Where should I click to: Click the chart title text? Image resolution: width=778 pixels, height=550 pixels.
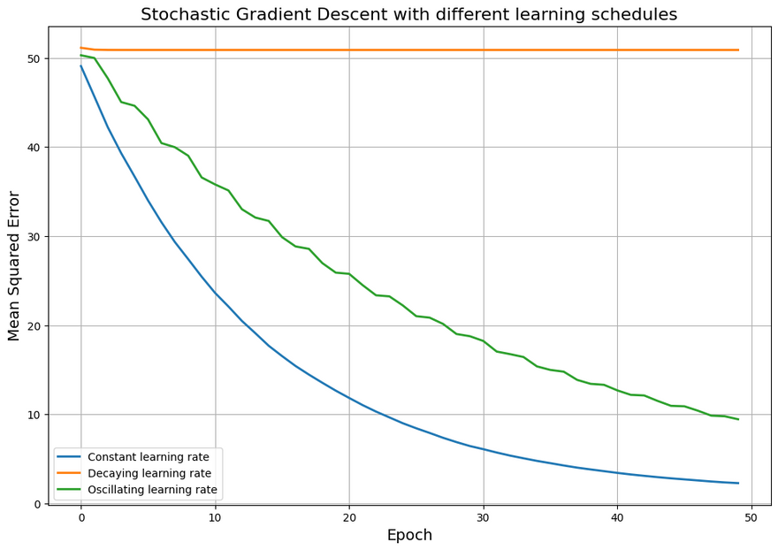408,14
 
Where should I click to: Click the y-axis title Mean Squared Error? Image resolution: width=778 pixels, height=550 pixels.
14,265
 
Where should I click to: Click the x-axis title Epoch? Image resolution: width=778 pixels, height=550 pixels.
409,535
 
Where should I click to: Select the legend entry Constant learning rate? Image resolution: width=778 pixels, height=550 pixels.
149,457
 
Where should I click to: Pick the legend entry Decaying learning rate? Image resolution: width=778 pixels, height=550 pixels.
148,474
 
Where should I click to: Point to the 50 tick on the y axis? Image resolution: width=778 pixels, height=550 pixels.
34,58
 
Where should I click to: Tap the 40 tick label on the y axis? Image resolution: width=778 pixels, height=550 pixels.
34,148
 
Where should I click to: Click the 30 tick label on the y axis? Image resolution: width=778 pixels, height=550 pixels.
34,237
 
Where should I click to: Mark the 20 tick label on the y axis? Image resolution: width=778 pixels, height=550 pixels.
34,326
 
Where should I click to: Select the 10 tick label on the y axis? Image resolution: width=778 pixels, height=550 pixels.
34,415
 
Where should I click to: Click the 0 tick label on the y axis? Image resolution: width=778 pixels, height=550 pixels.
37,504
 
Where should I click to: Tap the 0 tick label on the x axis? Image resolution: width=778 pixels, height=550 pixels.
81,517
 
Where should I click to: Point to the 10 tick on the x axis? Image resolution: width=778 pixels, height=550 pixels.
215,517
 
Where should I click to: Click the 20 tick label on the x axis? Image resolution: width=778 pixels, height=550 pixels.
349,517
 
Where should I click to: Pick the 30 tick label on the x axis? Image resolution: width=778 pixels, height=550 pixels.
484,517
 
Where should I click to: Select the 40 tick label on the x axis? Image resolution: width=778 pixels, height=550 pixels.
617,517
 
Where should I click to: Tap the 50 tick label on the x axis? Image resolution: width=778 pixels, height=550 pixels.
751,517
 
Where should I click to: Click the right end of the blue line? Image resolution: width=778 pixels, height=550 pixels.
738,483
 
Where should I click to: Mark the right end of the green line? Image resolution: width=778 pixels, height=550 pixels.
738,419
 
